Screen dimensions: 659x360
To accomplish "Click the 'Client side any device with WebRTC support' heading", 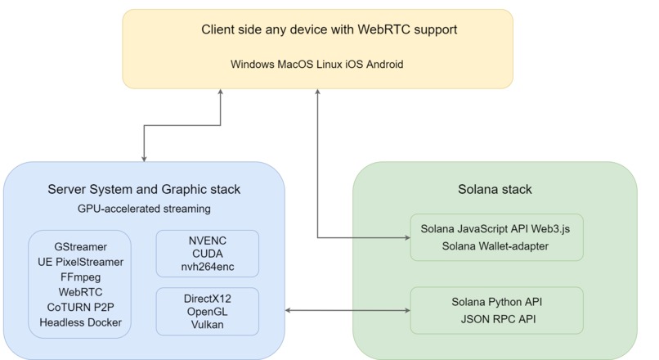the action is point(329,29).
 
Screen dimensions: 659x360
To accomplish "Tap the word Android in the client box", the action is point(384,65).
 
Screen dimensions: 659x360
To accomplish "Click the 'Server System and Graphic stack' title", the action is point(144,190).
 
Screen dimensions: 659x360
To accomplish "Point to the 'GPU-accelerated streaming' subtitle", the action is point(144,209).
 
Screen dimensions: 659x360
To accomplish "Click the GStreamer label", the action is point(80,247).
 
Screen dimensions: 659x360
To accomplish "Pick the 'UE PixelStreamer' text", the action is point(80,262).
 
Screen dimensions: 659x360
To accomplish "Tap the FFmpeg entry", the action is point(80,277).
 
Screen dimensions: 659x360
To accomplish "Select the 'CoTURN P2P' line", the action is point(80,308).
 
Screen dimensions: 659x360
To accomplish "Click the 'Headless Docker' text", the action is point(80,322).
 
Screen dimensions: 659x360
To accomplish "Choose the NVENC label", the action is point(208,241).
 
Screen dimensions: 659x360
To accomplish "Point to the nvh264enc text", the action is point(208,267).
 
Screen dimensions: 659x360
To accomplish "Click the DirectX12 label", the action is point(208,299).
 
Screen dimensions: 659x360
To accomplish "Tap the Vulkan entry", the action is point(208,325).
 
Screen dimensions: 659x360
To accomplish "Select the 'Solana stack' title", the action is point(495,190).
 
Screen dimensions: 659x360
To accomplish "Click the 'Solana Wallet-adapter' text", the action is point(495,246).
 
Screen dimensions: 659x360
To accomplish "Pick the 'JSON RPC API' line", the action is point(498,319).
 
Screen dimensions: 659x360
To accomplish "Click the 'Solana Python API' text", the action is point(497,302).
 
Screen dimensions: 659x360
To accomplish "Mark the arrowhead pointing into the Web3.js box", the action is point(407,237).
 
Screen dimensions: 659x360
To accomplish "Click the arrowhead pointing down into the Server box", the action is point(144,159).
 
